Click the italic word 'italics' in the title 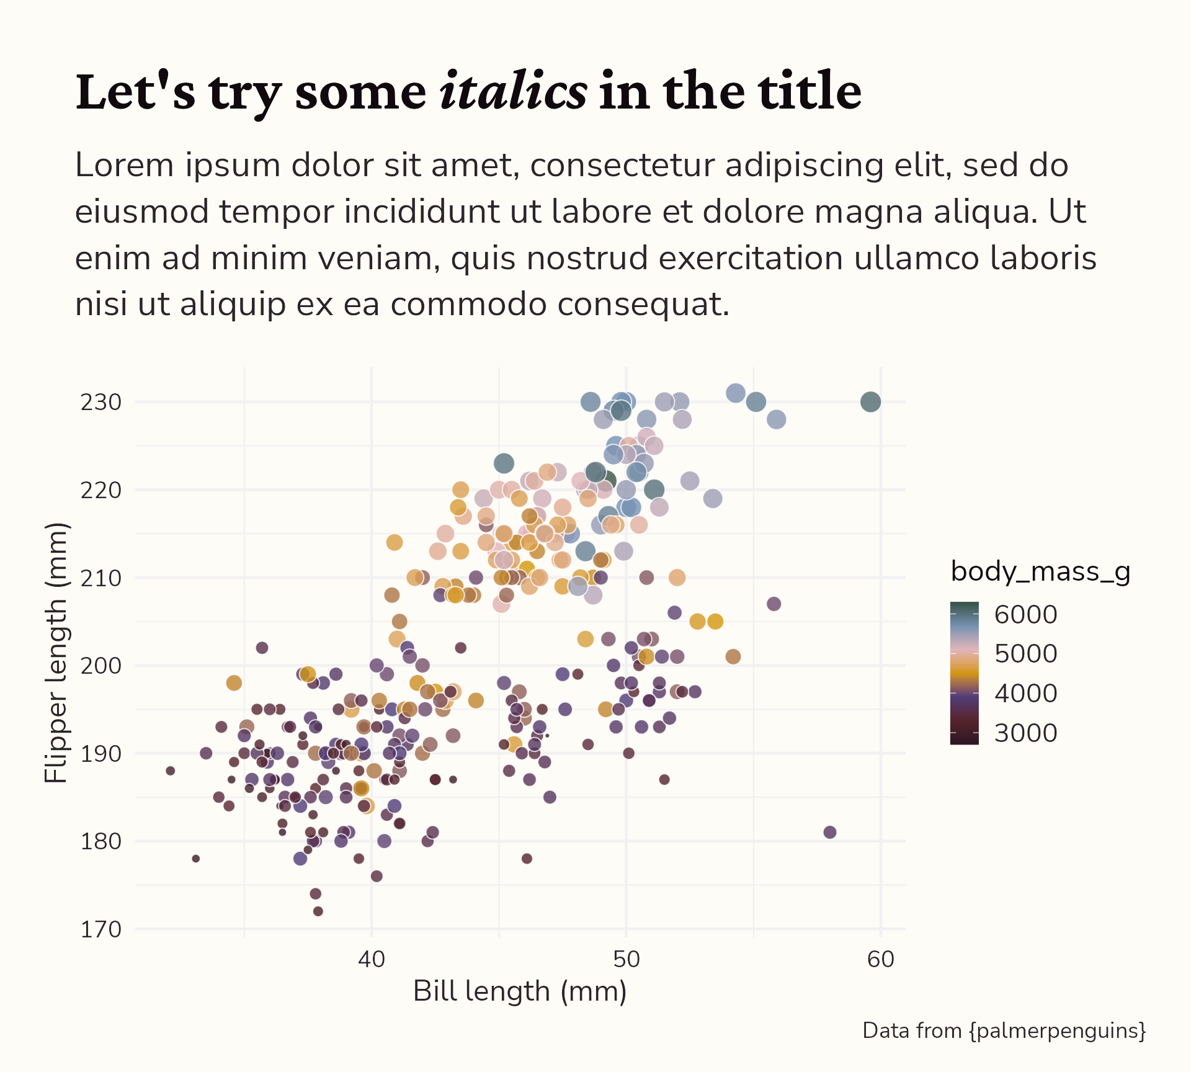pyautogui.click(x=512, y=92)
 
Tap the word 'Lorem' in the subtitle pyautogui.click(x=124, y=166)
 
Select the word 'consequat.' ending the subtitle pyautogui.click(x=643, y=305)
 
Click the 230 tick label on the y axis pyautogui.click(x=101, y=403)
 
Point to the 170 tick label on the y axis pyautogui.click(x=101, y=929)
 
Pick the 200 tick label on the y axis pyautogui.click(x=101, y=666)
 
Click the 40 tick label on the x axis pyautogui.click(x=371, y=960)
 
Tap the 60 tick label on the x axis pyautogui.click(x=880, y=960)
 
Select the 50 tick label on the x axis pyautogui.click(x=626, y=960)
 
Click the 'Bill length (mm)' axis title pyautogui.click(x=520, y=991)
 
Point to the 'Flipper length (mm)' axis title pyautogui.click(x=56, y=653)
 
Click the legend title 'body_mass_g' pyautogui.click(x=1040, y=571)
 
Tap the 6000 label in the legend pyautogui.click(x=1025, y=615)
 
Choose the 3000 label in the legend pyautogui.click(x=1025, y=733)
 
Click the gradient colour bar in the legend pyautogui.click(x=964, y=673)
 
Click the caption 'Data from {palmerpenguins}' pyautogui.click(x=1004, y=1031)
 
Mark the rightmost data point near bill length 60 pyautogui.click(x=870, y=402)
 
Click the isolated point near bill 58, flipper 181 pyautogui.click(x=829, y=832)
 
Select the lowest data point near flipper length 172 pyautogui.click(x=318, y=911)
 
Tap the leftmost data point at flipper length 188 pyautogui.click(x=171, y=770)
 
